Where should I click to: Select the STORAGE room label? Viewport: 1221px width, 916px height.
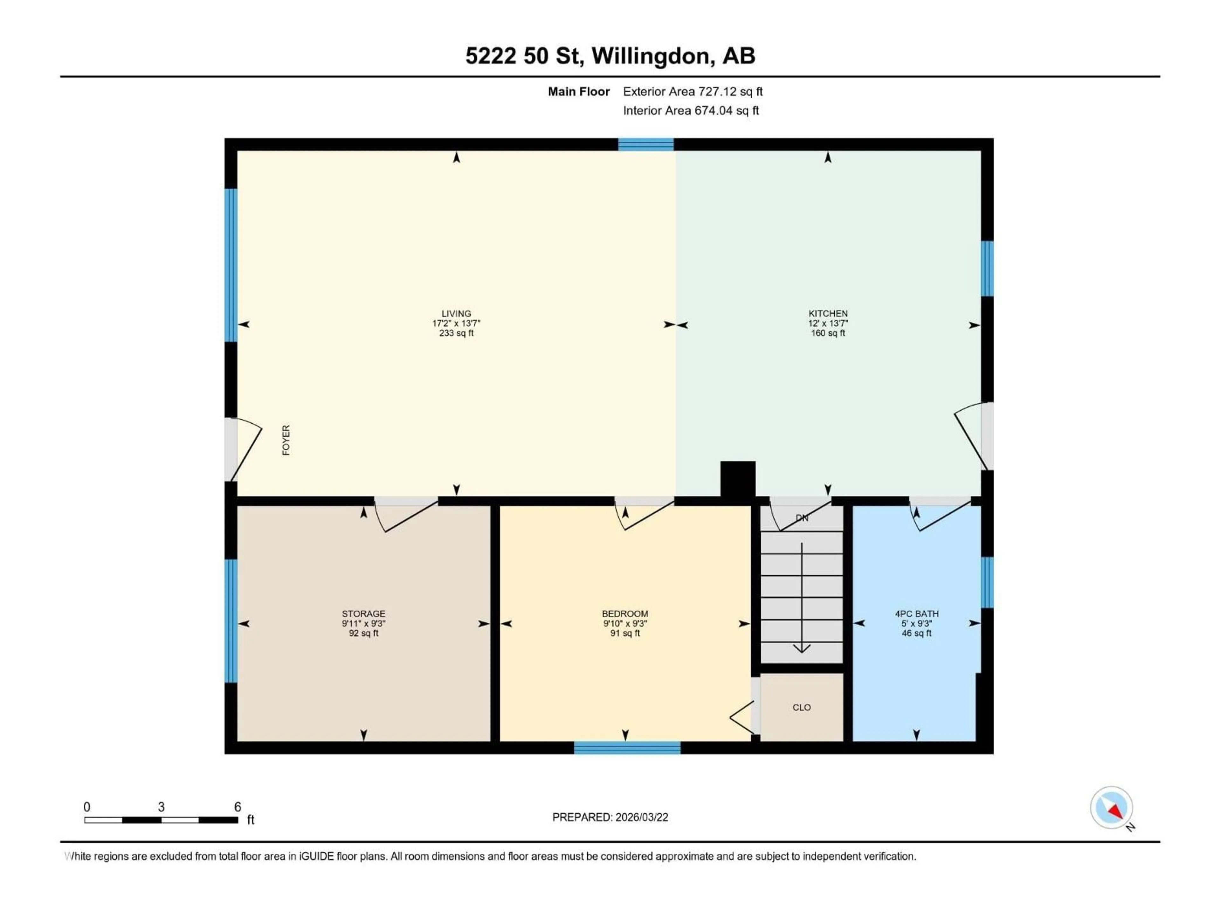(363, 614)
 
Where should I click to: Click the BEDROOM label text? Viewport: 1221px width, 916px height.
(625, 614)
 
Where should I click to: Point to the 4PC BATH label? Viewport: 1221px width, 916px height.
(916, 614)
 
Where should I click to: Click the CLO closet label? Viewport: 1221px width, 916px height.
(802, 707)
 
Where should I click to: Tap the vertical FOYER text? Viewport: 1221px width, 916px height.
(286, 440)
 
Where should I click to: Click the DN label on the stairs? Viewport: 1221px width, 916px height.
(802, 518)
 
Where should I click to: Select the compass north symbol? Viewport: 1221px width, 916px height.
(1111, 808)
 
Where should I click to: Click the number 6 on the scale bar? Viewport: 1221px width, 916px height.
(237, 807)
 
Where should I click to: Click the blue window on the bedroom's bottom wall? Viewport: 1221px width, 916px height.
(627, 748)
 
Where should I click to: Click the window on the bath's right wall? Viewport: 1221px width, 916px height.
(987, 582)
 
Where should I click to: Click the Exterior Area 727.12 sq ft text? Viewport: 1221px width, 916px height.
(693, 92)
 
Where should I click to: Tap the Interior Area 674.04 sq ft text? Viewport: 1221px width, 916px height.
(691, 110)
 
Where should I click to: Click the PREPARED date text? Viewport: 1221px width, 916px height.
(610, 817)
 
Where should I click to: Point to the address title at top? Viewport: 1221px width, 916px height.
(610, 56)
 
